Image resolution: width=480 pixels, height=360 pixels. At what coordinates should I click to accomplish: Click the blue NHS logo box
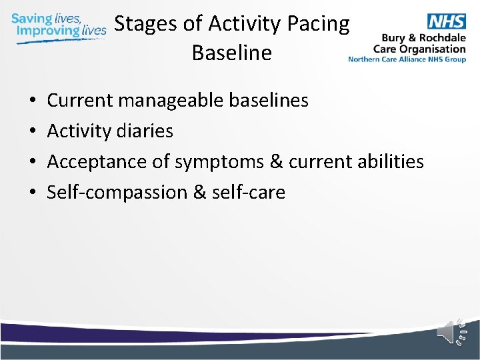[446, 21]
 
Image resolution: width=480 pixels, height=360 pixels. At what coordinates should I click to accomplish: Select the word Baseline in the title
[231, 52]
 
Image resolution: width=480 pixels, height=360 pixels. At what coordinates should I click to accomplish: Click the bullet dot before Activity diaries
[33, 132]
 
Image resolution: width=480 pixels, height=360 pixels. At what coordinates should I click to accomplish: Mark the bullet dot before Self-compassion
[33, 193]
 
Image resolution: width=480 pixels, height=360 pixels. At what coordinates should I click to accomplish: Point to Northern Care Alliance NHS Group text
[407, 59]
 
